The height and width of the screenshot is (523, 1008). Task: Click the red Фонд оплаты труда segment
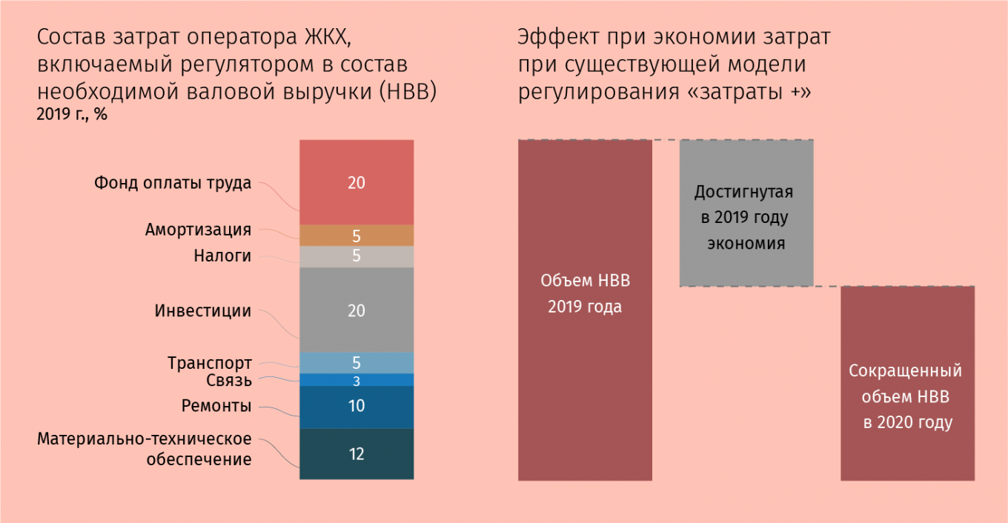pyautogui.click(x=357, y=182)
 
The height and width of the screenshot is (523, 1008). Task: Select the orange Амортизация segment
pyautogui.click(x=357, y=235)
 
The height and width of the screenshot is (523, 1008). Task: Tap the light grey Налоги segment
pyautogui.click(x=357, y=257)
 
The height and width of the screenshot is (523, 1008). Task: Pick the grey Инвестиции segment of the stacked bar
pyautogui.click(x=357, y=310)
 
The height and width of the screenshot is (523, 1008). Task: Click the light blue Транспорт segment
pyautogui.click(x=357, y=363)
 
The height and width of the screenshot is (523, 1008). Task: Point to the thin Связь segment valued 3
pyautogui.click(x=357, y=380)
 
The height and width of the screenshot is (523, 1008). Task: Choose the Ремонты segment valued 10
pyautogui.click(x=357, y=407)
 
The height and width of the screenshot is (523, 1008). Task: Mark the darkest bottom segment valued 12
pyautogui.click(x=357, y=454)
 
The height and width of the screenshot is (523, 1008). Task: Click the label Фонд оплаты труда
pyautogui.click(x=173, y=183)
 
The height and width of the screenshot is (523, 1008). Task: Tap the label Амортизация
pyautogui.click(x=198, y=230)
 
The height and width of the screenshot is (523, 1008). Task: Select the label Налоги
pyautogui.click(x=222, y=256)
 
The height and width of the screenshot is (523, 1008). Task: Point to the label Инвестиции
pyautogui.click(x=203, y=310)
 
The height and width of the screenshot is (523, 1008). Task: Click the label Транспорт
pyautogui.click(x=210, y=363)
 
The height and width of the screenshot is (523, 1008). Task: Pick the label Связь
pyautogui.click(x=229, y=381)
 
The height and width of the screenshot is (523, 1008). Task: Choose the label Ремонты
pyautogui.click(x=216, y=406)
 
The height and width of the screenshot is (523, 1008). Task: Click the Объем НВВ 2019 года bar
pyautogui.click(x=585, y=310)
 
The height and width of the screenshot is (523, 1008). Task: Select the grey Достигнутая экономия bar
pyautogui.click(x=746, y=213)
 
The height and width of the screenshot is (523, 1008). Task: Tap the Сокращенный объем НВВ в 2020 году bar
pyautogui.click(x=908, y=384)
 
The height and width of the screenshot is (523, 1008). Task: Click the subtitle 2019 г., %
pyautogui.click(x=72, y=115)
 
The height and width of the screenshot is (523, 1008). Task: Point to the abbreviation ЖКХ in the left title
pyautogui.click(x=328, y=37)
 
